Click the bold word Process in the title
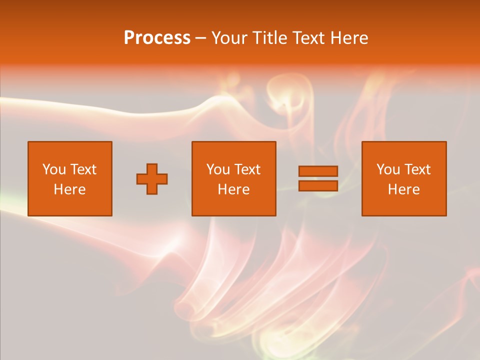coord(157,38)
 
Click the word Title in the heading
coord(270,38)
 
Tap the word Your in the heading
coord(230,38)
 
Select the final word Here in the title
coord(350,38)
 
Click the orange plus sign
coord(152,179)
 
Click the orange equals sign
coord(318,178)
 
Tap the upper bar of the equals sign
coord(318,171)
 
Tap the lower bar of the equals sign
coord(318,186)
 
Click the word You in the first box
coord(54,169)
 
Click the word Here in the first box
coord(70,189)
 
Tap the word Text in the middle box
coord(247,169)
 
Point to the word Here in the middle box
coord(234,189)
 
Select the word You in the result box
coord(388,169)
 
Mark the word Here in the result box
coord(404,189)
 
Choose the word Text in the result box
coord(417,169)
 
